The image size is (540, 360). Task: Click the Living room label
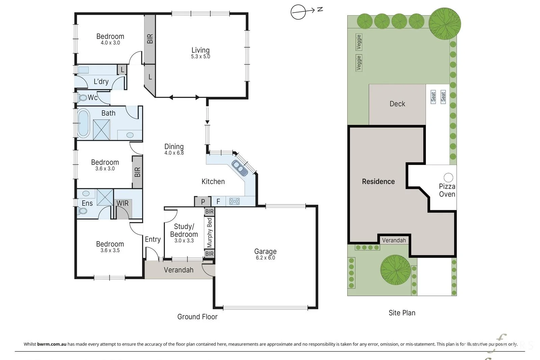200,50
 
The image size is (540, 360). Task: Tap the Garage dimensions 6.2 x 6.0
265,257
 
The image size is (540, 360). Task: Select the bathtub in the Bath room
83,123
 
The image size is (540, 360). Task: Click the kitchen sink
240,168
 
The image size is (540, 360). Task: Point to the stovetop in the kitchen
234,201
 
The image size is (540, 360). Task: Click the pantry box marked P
203,202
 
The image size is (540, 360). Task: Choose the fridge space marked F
218,201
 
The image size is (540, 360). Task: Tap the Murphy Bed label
209,232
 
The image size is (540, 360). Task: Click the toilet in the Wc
82,98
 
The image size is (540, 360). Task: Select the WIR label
123,203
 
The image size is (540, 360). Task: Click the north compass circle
298,12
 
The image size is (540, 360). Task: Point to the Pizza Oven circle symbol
448,177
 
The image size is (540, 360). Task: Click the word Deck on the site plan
397,104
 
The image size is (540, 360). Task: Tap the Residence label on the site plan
378,182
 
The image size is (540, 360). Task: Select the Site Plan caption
402,313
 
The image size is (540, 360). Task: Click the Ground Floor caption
197,316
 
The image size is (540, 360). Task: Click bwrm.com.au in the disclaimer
52,344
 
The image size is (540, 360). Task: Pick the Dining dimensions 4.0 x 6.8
174,153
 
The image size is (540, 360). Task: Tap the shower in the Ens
105,197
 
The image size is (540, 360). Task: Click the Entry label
153,239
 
